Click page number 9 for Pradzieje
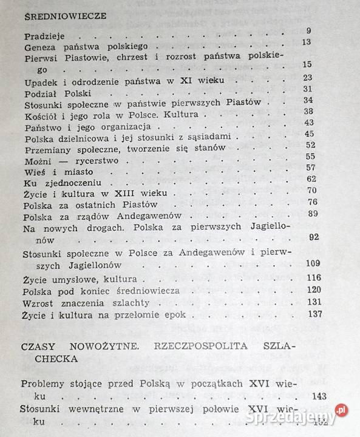point(308,32)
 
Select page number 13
point(306,42)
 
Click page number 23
point(307,78)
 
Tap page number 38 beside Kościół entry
point(308,112)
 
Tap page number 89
point(313,213)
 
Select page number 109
point(313,263)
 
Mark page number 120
point(314,290)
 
